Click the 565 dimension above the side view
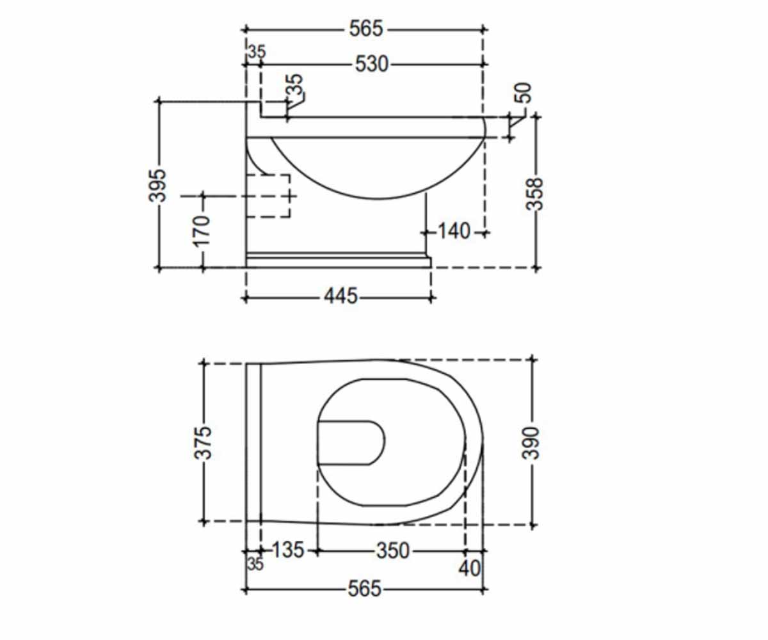click(366, 29)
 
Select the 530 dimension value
click(371, 64)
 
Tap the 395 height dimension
click(157, 186)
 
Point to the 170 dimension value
click(202, 230)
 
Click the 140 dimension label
click(454, 231)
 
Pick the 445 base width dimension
click(340, 296)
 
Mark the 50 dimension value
click(524, 92)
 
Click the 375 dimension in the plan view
click(203, 443)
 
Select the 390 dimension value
click(531, 444)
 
